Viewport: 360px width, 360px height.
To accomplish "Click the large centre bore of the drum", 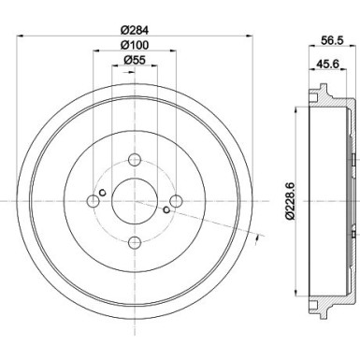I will tap(134, 200).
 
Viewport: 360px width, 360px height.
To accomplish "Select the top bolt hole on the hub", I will tap(134, 157).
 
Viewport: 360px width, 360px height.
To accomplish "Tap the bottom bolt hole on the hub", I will tap(134, 243).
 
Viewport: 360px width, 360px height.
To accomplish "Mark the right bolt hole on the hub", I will tap(177, 200).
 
